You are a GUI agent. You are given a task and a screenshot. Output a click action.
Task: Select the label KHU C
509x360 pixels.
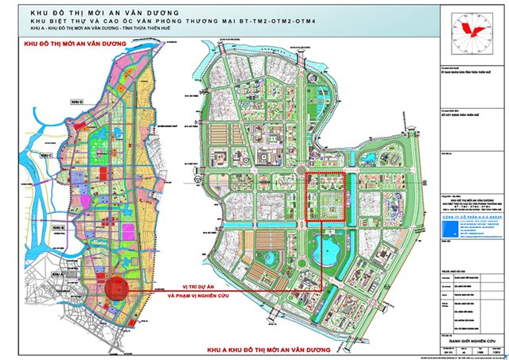point(47,155)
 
